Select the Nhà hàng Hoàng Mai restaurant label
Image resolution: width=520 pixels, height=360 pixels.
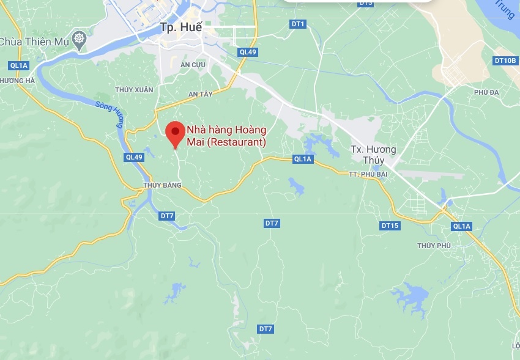pos(226,136)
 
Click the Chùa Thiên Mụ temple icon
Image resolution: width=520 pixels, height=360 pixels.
pos(78,40)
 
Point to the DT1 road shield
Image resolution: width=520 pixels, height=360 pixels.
pos(298,24)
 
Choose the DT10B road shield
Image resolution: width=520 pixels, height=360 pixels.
pos(505,61)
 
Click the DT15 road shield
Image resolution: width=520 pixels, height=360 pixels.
pos(390,226)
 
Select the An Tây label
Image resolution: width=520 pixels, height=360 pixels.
pos(200,94)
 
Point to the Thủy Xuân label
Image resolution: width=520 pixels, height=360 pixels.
pos(134,90)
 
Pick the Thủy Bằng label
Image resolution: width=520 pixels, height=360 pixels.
pos(162,185)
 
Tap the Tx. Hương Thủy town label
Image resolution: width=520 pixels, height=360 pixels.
pos(373,155)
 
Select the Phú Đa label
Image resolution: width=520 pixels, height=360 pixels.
pos(487,92)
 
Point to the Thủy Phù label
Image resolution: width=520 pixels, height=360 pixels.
pos(434,246)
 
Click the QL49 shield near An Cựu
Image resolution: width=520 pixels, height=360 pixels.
pos(248,52)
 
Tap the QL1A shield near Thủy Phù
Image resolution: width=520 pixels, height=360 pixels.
pos(461,226)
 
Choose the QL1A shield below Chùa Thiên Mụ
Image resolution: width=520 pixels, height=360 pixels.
pos(19,65)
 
